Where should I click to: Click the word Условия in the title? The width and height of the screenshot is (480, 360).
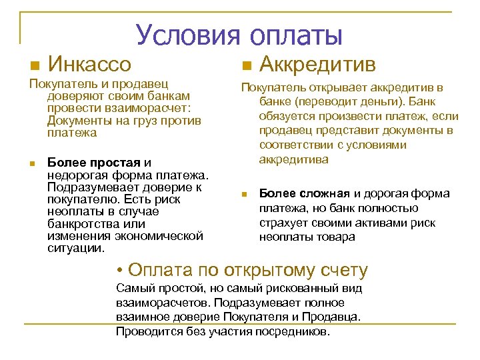pyautogui.click(x=188, y=35)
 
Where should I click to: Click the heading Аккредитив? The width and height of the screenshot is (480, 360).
pyautogui.click(x=317, y=65)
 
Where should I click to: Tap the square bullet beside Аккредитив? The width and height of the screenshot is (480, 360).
pyautogui.click(x=245, y=66)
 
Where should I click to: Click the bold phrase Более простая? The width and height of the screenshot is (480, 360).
pyautogui.click(x=94, y=163)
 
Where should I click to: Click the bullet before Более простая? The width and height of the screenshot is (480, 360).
pyautogui.click(x=31, y=164)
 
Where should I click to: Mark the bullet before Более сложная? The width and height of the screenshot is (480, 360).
pyautogui.click(x=245, y=195)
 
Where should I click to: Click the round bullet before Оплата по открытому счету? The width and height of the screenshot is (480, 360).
pyautogui.click(x=119, y=271)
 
